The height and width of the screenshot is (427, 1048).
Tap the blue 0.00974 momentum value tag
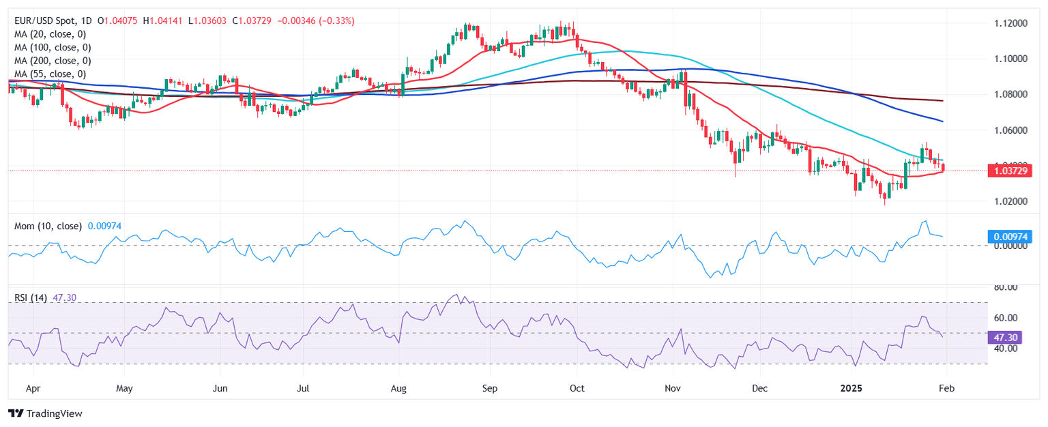click(1009, 237)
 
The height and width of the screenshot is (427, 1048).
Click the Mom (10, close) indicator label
click(46, 225)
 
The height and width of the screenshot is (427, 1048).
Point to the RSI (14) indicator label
click(31, 298)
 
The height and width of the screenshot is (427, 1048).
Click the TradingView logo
click(45, 413)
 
